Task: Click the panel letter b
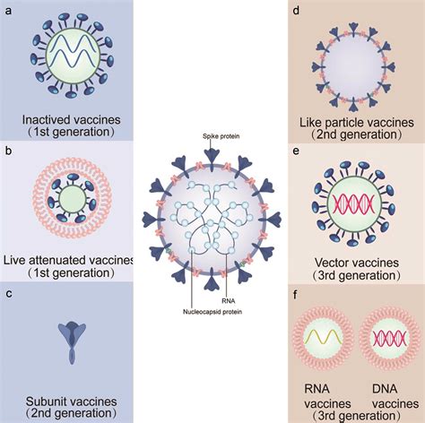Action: pos(9,151)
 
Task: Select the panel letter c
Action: pos(9,292)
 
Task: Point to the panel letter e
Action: pos(297,151)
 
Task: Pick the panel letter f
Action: pos(296,292)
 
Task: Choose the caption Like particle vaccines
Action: pos(356,116)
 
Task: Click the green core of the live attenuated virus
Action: pos(69,194)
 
